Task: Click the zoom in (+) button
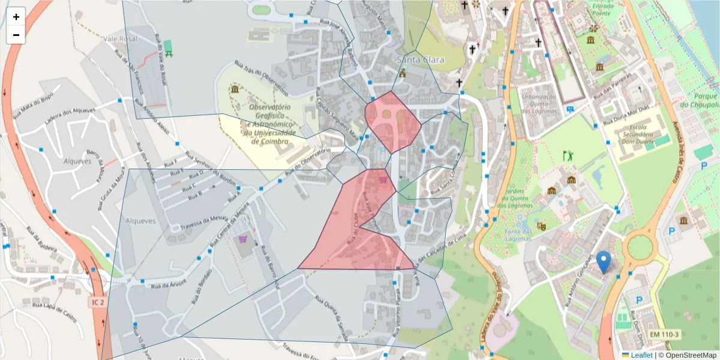(x=16, y=17)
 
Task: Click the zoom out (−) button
(x=16, y=35)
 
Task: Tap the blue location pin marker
(x=604, y=263)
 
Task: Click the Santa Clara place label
(x=419, y=60)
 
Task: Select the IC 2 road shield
(x=99, y=302)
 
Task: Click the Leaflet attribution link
(x=640, y=355)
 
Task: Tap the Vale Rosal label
(x=120, y=39)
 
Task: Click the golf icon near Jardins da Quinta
(x=568, y=156)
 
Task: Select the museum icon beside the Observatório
(x=234, y=89)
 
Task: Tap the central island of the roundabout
(x=640, y=245)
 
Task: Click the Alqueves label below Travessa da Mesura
(x=139, y=221)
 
